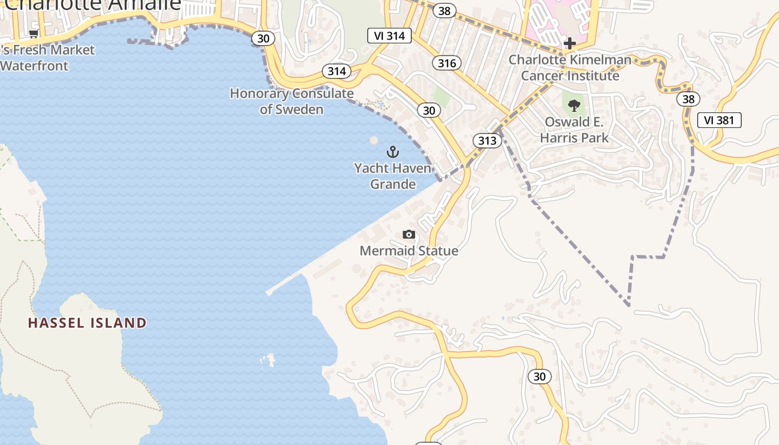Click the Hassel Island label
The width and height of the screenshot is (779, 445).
(87, 323)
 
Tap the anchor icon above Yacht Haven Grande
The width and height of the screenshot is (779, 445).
(393, 151)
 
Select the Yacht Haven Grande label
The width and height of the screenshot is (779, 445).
(393, 176)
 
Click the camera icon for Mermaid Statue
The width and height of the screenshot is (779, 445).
(409, 235)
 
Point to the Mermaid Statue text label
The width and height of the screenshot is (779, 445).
(409, 251)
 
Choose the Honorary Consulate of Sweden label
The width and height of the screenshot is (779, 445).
(292, 101)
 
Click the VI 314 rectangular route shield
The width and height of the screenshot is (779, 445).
(389, 36)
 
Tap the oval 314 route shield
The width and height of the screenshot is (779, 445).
(337, 71)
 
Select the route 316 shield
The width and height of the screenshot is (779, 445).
(447, 63)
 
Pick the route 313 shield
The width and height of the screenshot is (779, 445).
(487, 141)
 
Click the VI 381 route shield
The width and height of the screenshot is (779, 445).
(719, 120)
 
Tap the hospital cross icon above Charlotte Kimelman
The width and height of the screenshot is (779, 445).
(569, 43)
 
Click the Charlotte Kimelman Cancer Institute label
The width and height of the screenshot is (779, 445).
(570, 67)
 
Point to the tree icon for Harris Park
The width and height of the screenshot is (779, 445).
(574, 106)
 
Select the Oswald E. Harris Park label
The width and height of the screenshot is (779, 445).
(574, 130)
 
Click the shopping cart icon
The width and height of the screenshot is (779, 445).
(33, 34)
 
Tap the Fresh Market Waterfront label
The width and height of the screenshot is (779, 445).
(47, 58)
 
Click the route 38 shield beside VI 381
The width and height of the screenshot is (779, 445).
(688, 99)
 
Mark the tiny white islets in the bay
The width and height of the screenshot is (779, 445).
(268, 360)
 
